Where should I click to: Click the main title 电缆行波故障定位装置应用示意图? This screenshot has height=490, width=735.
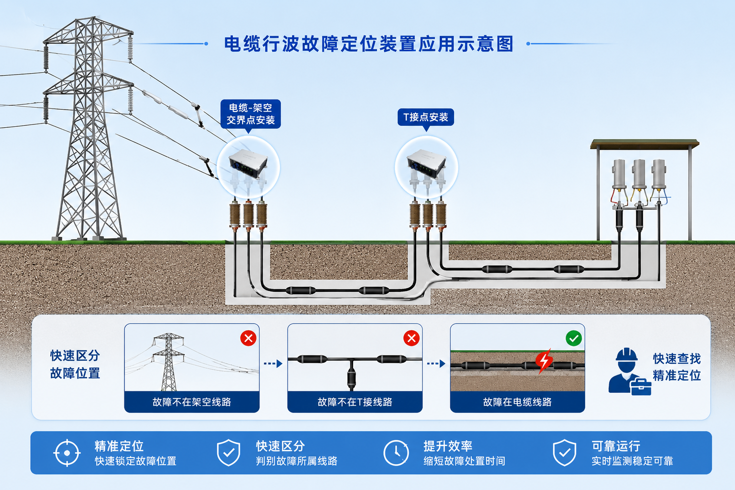pyautogui.click(x=369, y=44)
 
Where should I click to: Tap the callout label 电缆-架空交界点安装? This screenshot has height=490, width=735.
pyautogui.click(x=251, y=114)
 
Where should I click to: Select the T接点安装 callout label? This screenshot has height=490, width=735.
pyautogui.click(x=426, y=117)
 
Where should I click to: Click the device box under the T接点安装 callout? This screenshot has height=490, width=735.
pyautogui.click(x=426, y=163)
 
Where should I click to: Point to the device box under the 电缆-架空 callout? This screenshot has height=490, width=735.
pyautogui.click(x=248, y=163)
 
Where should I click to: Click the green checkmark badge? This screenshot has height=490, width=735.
pyautogui.click(x=574, y=338)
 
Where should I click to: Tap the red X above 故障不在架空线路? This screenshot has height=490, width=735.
pyautogui.click(x=248, y=338)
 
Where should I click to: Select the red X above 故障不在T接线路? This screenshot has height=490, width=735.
pyautogui.click(x=412, y=338)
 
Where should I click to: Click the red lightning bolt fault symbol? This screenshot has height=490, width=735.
pyautogui.click(x=544, y=361)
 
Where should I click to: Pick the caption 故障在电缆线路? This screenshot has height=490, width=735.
pyautogui.click(x=517, y=402)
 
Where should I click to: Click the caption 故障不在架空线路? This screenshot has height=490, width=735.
pyautogui.click(x=192, y=402)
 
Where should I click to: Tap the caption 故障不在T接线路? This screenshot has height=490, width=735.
pyautogui.click(x=355, y=402)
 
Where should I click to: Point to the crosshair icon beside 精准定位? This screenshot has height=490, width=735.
pyautogui.click(x=67, y=453)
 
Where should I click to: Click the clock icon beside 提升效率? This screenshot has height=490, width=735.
pyautogui.click(x=396, y=453)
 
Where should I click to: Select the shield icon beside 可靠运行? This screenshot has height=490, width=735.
pyautogui.click(x=564, y=453)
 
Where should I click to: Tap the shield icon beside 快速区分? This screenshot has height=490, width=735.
pyautogui.click(x=229, y=453)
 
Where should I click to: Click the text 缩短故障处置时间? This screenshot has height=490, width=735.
pyautogui.click(x=464, y=461)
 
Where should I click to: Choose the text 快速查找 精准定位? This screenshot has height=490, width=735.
pyautogui.click(x=677, y=367)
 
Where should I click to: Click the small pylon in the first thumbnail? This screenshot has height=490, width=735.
pyautogui.click(x=168, y=362)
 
